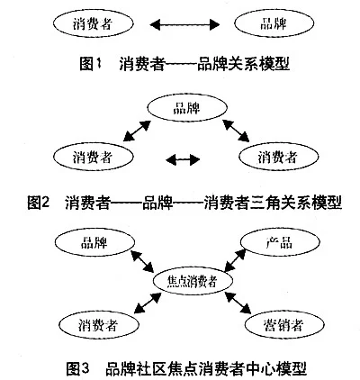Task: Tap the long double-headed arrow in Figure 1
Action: (x=184, y=24)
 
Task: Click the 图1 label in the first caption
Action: (x=90, y=64)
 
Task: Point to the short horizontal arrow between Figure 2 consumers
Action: (x=183, y=159)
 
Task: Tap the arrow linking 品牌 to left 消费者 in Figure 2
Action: (x=137, y=131)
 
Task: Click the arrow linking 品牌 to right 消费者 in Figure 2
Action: (x=236, y=131)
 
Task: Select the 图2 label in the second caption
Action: (x=38, y=203)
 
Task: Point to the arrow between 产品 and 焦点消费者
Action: (x=235, y=260)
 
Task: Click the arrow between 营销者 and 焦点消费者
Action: (x=238, y=303)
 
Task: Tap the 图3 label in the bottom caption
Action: (x=78, y=368)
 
